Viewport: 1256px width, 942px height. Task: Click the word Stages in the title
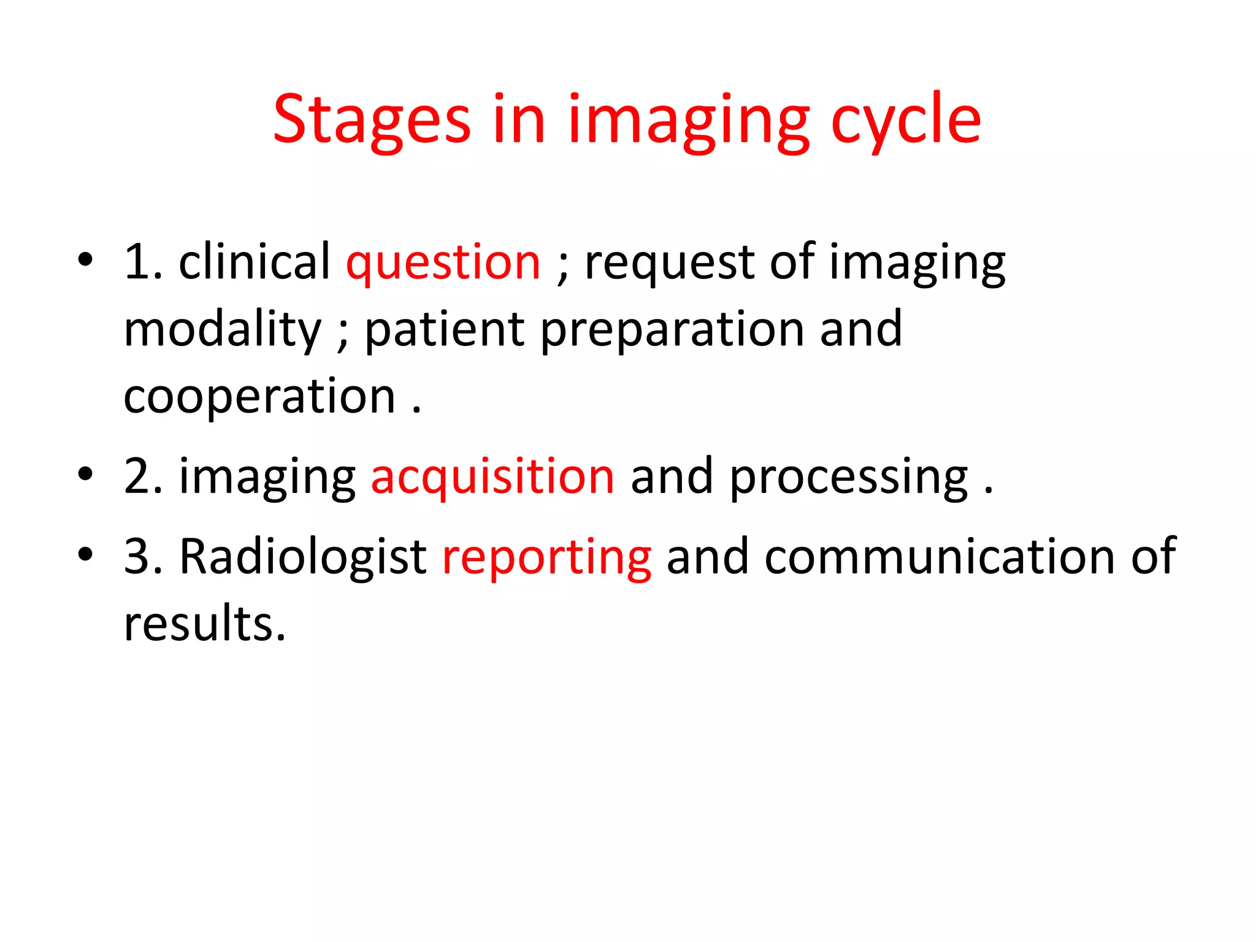point(372,120)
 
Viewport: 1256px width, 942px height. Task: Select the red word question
point(443,262)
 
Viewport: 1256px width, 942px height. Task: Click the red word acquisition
point(492,477)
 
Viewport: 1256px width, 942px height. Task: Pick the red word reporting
point(546,557)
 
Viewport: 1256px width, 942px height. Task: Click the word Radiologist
point(303,557)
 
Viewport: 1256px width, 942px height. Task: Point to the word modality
point(222,330)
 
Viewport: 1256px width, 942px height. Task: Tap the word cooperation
point(259,397)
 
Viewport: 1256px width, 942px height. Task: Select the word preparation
point(672,330)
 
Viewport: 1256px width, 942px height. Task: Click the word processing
point(849,477)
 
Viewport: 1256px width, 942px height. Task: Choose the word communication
point(939,557)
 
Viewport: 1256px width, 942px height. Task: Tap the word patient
point(445,330)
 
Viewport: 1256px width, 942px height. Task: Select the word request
point(669,262)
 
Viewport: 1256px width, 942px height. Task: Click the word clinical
point(255,262)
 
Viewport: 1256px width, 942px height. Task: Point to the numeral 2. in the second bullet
point(143,477)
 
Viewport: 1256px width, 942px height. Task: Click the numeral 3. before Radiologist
point(143,557)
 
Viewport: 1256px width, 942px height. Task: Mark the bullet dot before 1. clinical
point(85,259)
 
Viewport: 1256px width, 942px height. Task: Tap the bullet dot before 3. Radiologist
point(85,554)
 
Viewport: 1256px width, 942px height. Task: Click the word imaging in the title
point(689,120)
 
